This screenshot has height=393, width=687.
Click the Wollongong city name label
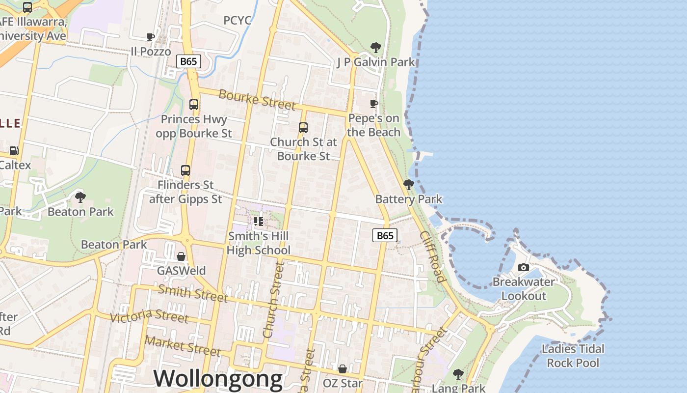tap(218, 379)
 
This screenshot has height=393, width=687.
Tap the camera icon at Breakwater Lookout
tap(524, 268)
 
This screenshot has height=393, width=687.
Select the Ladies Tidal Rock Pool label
tap(573, 356)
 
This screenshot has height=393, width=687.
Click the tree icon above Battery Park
tap(408, 185)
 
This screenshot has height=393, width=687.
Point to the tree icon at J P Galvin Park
tap(375, 48)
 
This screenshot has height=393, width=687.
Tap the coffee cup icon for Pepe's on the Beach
tap(374, 104)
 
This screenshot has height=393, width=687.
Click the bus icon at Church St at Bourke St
tap(303, 128)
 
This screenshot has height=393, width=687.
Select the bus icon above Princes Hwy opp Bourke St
tap(194, 105)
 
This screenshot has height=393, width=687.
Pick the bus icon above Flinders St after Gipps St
tap(185, 170)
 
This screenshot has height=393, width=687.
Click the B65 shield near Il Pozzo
tap(188, 61)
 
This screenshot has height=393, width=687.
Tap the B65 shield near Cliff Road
tap(385, 236)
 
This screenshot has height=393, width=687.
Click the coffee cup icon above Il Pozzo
tap(151, 37)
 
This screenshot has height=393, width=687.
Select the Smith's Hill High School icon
tap(259, 222)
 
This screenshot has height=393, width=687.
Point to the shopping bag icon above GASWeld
tap(181, 256)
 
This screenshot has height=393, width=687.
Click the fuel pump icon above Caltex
tap(14, 151)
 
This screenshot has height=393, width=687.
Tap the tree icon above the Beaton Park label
tap(80, 197)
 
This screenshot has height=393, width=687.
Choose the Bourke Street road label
tap(257, 99)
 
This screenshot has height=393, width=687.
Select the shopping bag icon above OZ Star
tap(343, 369)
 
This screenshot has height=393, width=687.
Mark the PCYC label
tap(238, 20)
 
